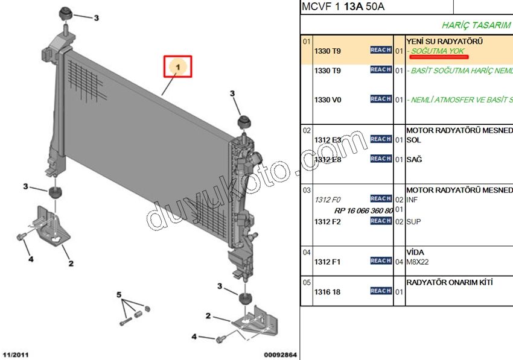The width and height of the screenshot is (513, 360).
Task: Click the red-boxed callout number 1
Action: [x=178, y=67]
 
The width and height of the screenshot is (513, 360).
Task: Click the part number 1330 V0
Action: [x=328, y=99]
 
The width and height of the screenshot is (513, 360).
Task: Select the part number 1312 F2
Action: [x=328, y=222]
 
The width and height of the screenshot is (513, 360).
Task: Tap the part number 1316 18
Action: [x=328, y=292]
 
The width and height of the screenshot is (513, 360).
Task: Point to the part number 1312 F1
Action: [x=328, y=262]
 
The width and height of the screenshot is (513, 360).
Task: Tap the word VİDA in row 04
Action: [x=415, y=252]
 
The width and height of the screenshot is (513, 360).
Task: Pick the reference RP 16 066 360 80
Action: [x=363, y=210]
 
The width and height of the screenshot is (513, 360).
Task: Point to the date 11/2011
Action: [x=16, y=354]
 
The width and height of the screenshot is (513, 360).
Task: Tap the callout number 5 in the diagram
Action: [x=119, y=294]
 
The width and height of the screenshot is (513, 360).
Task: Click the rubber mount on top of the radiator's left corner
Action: [x=65, y=14]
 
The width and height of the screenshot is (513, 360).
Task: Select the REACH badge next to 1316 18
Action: [x=381, y=291]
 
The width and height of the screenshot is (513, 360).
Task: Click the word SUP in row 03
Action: [x=413, y=222]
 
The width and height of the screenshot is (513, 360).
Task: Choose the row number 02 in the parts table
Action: [x=307, y=130]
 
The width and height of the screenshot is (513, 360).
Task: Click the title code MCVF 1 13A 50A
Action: [x=343, y=7]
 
